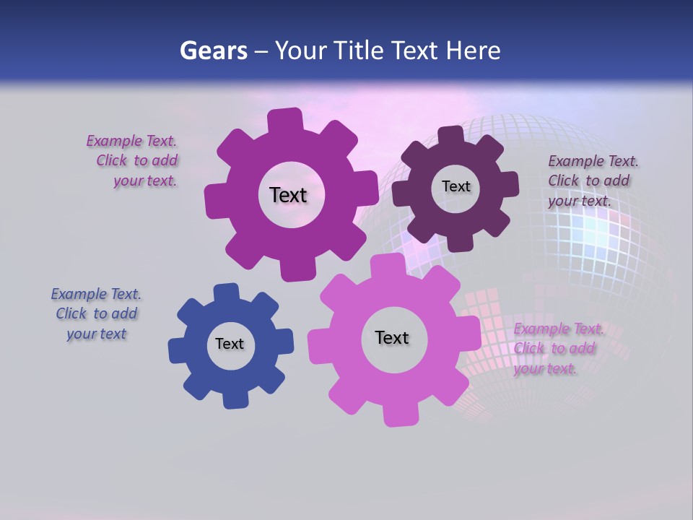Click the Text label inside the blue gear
tap(230, 344)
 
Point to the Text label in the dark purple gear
tap(456, 186)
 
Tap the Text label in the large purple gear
tap(288, 195)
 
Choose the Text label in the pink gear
tap(392, 337)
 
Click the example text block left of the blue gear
tap(97, 313)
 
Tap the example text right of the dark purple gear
tap(593, 181)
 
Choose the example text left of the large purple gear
tap(135, 160)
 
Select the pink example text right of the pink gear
tap(557, 348)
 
